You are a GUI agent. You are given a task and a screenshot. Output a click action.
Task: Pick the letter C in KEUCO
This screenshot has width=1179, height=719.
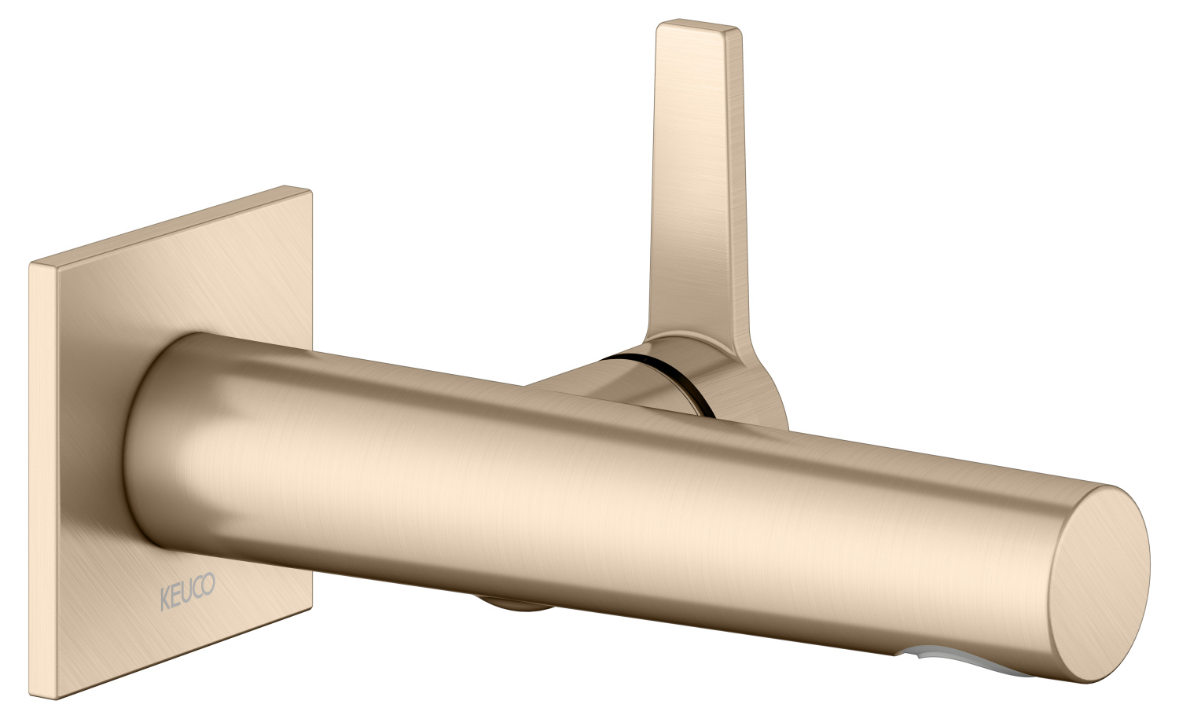197,587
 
